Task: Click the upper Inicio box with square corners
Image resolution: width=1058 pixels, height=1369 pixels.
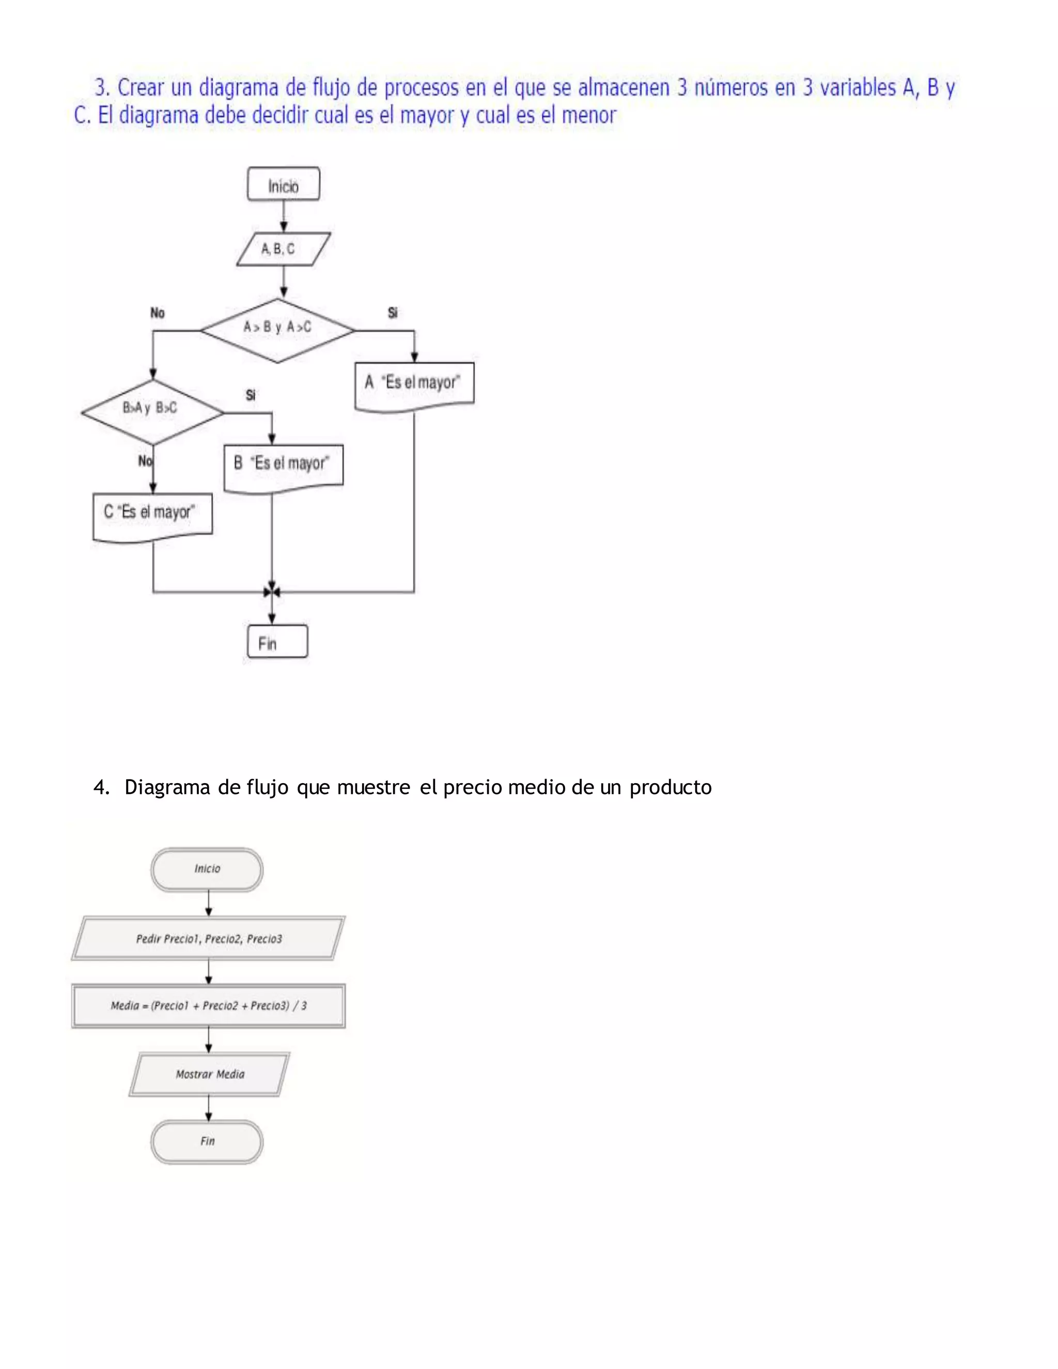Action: pyautogui.click(x=283, y=184)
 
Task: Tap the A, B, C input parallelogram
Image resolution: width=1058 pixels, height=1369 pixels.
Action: pyautogui.click(x=283, y=250)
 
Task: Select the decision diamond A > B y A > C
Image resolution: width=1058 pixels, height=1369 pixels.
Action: pyautogui.click(x=277, y=330)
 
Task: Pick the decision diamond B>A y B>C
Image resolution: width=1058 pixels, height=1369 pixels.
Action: pyautogui.click(x=152, y=411)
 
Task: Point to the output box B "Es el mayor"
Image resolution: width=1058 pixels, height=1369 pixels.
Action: pyautogui.click(x=283, y=466)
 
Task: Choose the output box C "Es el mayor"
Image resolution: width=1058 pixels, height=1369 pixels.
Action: pyautogui.click(x=152, y=515)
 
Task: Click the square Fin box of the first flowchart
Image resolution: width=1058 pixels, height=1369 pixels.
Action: pyautogui.click(x=277, y=641)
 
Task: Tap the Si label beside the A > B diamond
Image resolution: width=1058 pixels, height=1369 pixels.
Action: pyautogui.click(x=393, y=313)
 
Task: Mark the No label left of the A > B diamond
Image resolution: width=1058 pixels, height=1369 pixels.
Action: pyautogui.click(x=158, y=313)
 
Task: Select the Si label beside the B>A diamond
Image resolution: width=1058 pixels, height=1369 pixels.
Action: pyautogui.click(x=251, y=395)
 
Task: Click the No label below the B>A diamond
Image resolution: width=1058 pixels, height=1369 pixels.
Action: pyautogui.click(x=145, y=461)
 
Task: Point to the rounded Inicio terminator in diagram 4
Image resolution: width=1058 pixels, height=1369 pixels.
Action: pyautogui.click(x=207, y=869)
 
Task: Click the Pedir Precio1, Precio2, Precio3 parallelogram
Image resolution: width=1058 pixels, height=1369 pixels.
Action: pyautogui.click(x=208, y=938)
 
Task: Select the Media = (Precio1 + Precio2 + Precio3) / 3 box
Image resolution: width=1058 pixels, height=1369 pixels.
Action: pyautogui.click(x=208, y=1005)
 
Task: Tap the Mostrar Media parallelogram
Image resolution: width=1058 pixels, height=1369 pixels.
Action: pyautogui.click(x=209, y=1075)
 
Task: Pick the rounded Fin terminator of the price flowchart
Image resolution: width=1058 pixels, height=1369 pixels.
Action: pyautogui.click(x=207, y=1142)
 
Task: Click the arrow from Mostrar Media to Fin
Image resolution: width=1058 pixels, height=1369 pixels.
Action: pyautogui.click(x=209, y=1108)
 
